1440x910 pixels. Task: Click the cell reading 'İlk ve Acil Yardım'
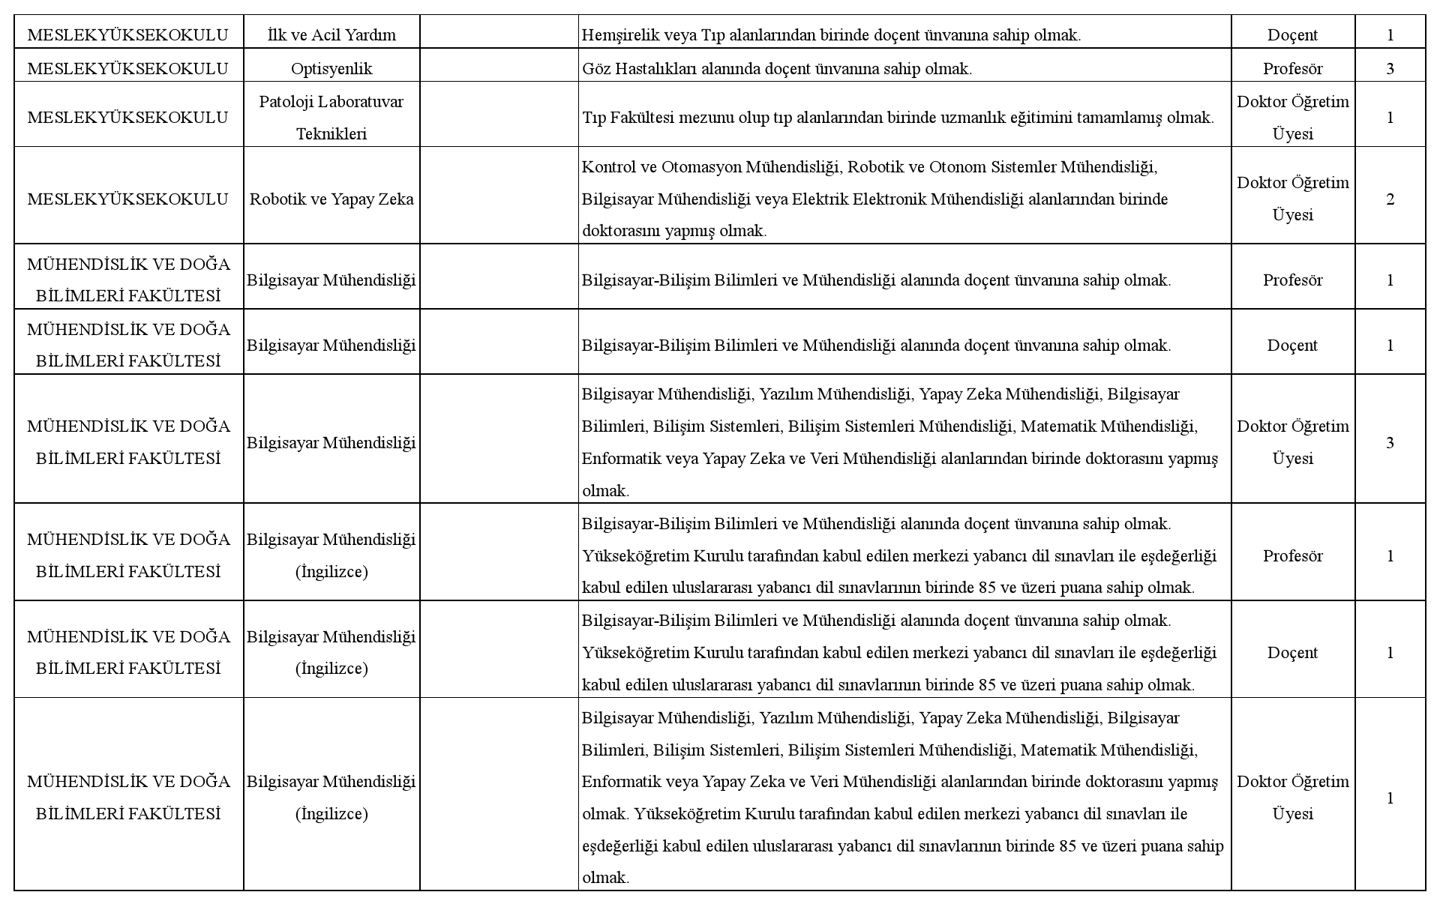tap(331, 35)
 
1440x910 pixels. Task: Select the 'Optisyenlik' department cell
tap(331, 69)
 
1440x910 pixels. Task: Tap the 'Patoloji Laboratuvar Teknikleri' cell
tap(331, 118)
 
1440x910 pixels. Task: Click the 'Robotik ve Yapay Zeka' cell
tap(331, 199)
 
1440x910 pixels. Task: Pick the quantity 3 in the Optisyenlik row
tap(1390, 69)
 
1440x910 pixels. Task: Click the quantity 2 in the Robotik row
tap(1390, 199)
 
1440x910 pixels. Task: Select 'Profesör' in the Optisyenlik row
tap(1292, 69)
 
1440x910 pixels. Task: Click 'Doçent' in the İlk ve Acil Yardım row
tap(1292, 35)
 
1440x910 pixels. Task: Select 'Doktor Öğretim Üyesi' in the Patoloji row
tap(1292, 118)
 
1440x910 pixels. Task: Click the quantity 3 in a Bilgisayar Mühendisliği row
tap(1390, 443)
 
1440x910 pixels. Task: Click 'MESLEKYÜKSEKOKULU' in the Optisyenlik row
tap(127, 69)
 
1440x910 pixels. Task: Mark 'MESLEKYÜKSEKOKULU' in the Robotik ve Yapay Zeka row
tap(127, 199)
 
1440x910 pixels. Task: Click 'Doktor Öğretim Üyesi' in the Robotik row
tap(1292, 199)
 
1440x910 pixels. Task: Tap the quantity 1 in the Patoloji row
tap(1390, 118)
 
